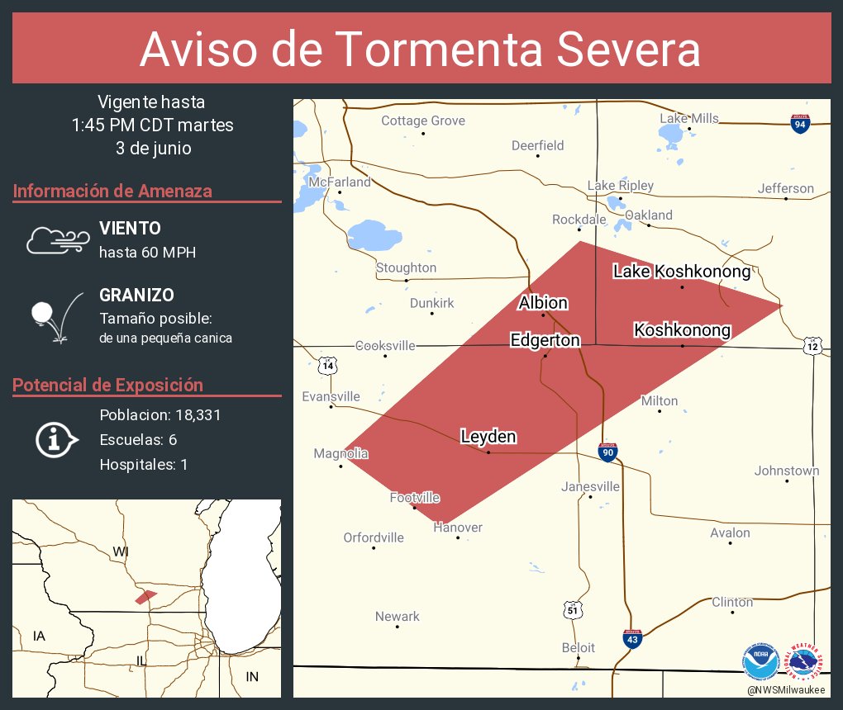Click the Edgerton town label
545,340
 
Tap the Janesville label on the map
590,486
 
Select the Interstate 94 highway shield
799,125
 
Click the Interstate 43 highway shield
631,638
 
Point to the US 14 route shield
329,364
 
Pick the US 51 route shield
573,609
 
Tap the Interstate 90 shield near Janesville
607,452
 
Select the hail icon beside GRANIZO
55,317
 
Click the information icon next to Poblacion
56,440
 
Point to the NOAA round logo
760,661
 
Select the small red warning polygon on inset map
145,596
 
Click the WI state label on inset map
121,551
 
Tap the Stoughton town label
406,267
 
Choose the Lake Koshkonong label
681,271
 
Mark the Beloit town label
578,648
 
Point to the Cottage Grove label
422,121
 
